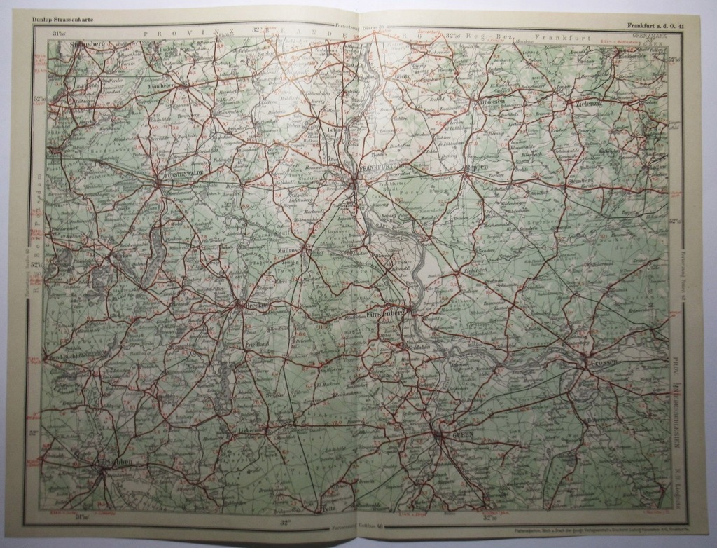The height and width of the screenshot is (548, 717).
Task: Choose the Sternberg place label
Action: [580, 180]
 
